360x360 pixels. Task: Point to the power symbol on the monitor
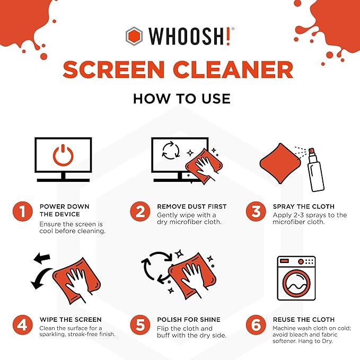click(x=63, y=154)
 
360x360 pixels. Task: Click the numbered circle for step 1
click(x=22, y=212)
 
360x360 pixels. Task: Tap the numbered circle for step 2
click(x=139, y=212)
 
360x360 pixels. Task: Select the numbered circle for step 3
click(x=256, y=212)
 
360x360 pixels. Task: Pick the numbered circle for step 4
click(x=22, y=324)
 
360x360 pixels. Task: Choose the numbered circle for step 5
click(x=139, y=324)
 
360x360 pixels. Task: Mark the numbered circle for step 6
click(x=256, y=324)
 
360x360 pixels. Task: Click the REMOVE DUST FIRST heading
click(x=192, y=206)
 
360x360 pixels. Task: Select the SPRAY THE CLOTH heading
click(x=304, y=206)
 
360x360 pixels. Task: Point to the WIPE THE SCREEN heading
click(x=70, y=319)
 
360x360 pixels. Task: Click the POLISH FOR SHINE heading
click(x=189, y=319)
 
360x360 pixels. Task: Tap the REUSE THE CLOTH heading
click(x=304, y=319)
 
